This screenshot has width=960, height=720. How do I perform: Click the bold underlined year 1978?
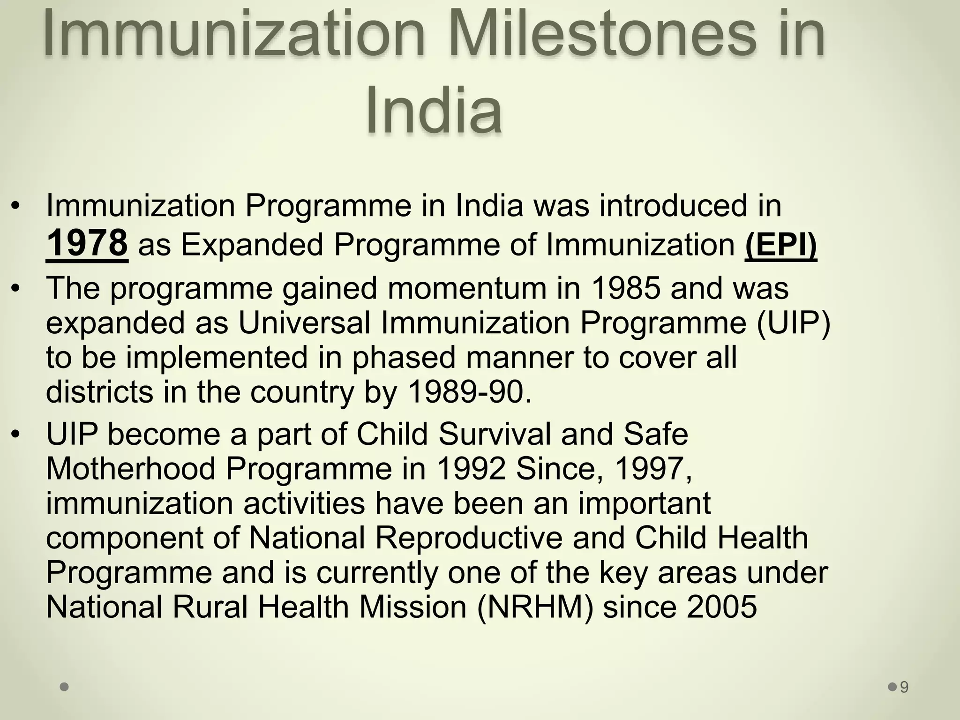[x=87, y=243]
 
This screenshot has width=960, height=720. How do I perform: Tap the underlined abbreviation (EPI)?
[x=780, y=244]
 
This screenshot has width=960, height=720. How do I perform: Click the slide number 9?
[x=904, y=687]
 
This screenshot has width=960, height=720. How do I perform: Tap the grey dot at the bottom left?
[x=65, y=687]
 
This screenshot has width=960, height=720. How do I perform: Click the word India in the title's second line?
[x=434, y=111]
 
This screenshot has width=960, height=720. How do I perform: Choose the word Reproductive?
[x=468, y=538]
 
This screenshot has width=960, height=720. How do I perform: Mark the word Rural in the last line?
[x=210, y=607]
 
